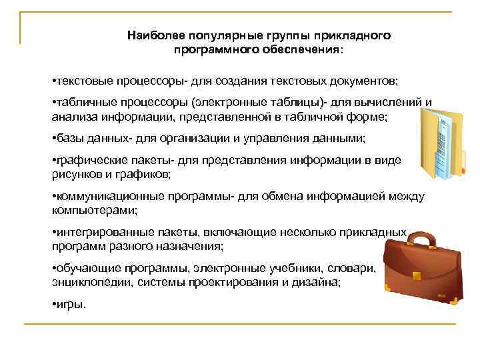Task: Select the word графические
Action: pos(85,161)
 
